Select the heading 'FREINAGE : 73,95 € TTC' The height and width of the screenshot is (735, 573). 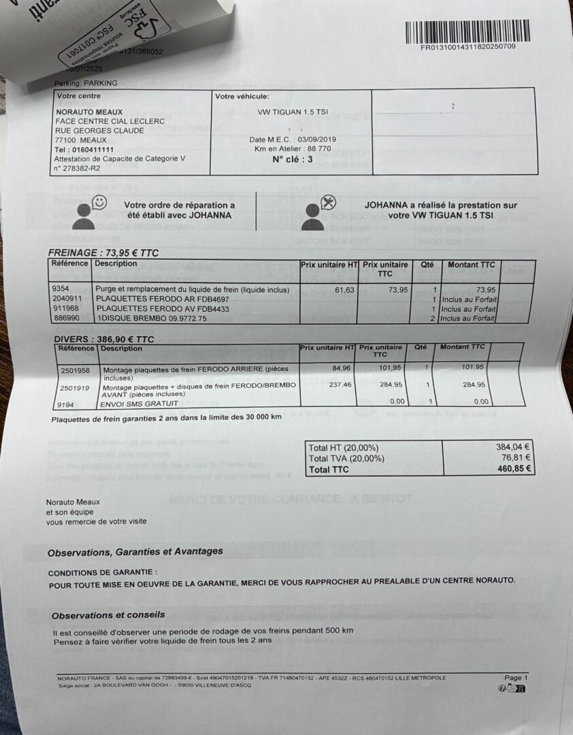click(x=103, y=252)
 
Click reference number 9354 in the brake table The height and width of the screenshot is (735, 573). click(x=61, y=289)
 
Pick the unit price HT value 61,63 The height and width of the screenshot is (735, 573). click(x=345, y=290)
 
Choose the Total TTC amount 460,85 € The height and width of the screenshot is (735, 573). click(x=514, y=469)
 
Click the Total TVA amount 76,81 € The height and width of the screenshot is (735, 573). click(x=515, y=458)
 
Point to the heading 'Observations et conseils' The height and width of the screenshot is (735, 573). click(x=108, y=615)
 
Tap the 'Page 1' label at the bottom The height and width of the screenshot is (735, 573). click(x=515, y=678)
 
